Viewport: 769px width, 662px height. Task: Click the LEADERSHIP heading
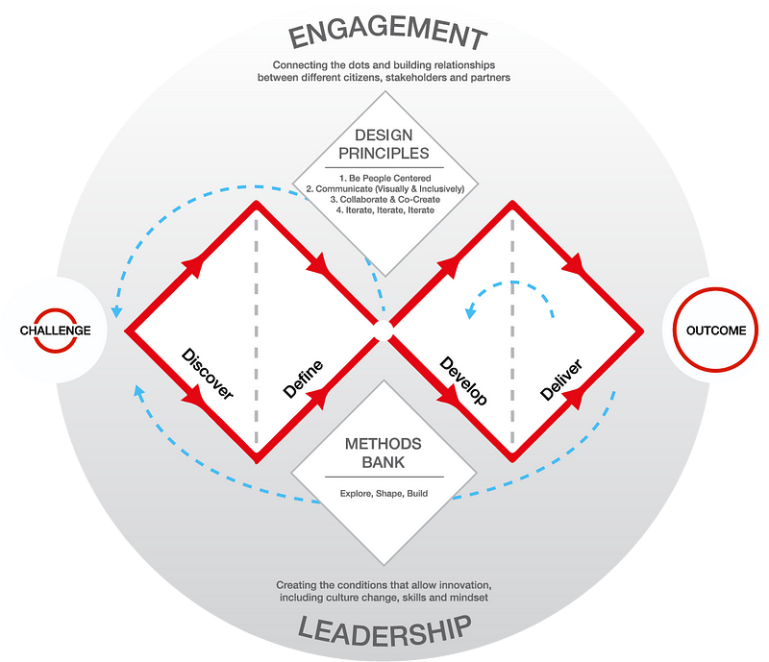[x=384, y=629]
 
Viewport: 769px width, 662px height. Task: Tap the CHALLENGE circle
[x=55, y=331]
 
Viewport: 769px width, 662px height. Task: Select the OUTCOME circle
[x=715, y=331]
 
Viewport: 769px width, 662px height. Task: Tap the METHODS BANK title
[x=384, y=454]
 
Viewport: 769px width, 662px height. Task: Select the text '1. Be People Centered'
[x=384, y=177]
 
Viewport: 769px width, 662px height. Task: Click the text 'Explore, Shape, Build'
[x=384, y=494]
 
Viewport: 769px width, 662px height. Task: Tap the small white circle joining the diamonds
[x=383, y=331]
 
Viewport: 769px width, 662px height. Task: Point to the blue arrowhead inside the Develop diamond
[x=470, y=310]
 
